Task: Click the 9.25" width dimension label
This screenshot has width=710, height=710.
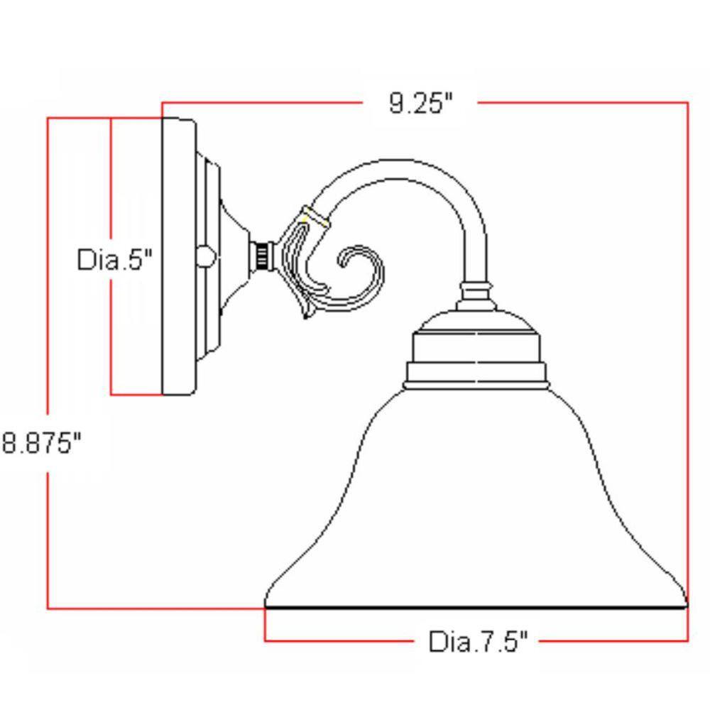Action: click(420, 104)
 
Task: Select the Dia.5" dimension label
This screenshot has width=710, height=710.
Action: click(114, 260)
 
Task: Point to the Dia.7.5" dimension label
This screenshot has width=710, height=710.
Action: click(478, 642)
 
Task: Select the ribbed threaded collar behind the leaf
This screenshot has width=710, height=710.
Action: click(264, 256)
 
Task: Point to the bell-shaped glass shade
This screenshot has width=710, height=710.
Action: click(476, 511)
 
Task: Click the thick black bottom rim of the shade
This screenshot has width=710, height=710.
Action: click(476, 608)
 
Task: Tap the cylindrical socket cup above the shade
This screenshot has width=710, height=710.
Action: click(476, 349)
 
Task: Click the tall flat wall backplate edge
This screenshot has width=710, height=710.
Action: click(177, 256)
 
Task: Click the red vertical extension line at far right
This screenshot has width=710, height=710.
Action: click(688, 355)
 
